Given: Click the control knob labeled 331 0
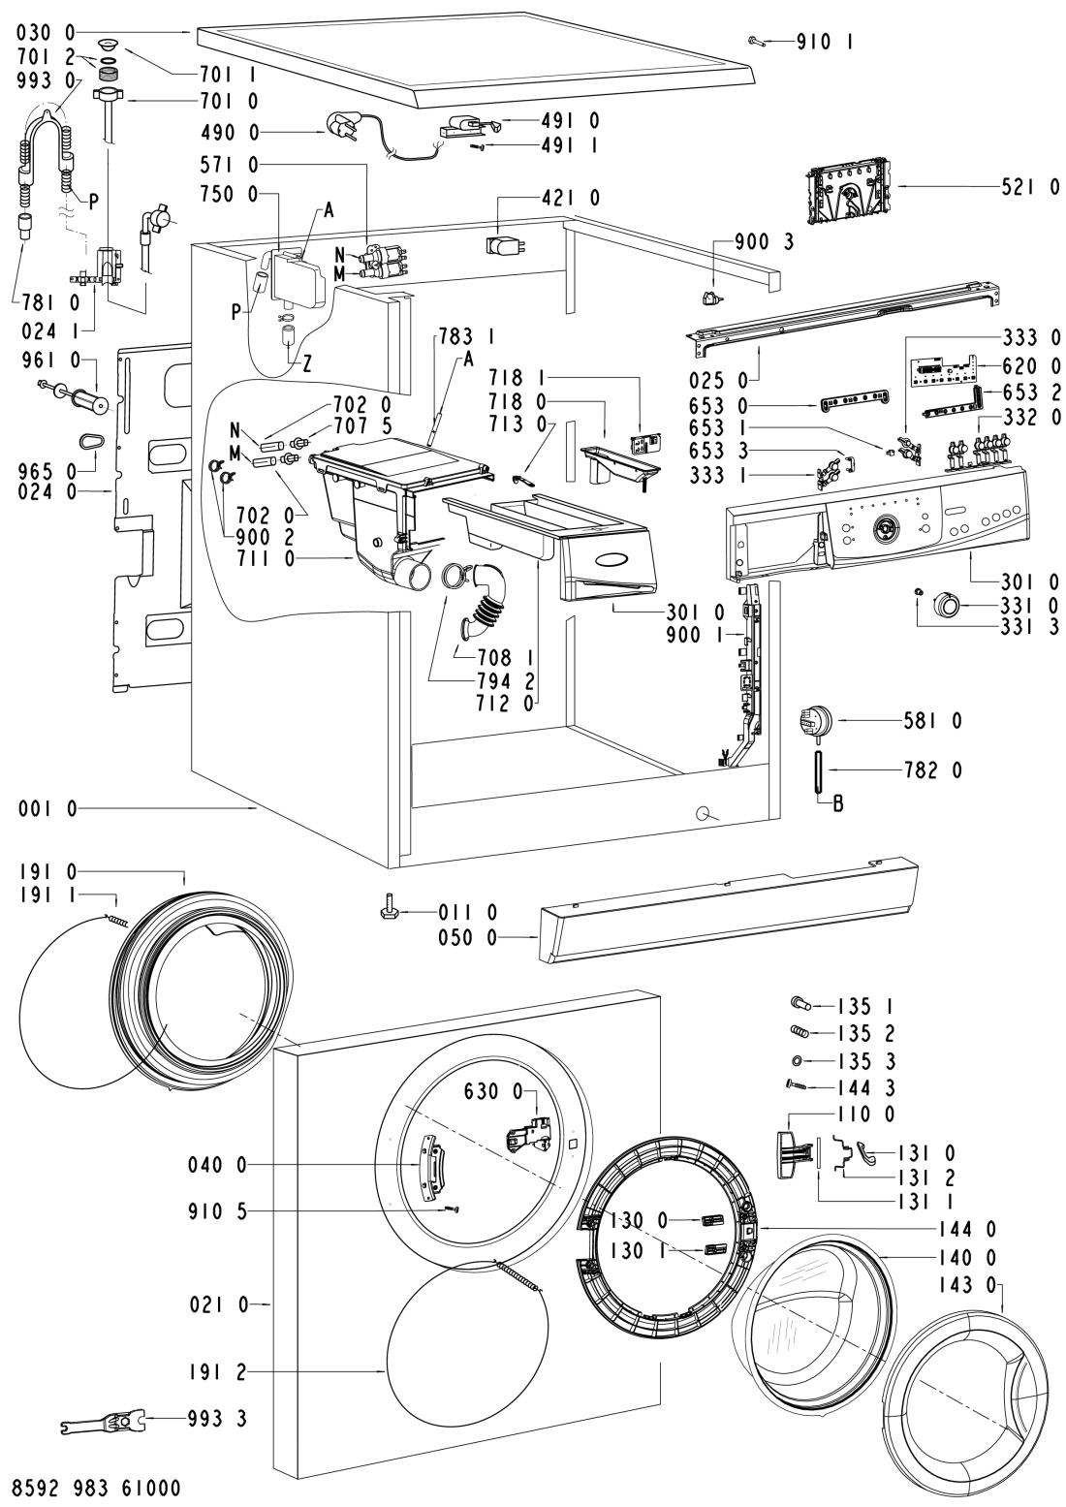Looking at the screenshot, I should (945, 606).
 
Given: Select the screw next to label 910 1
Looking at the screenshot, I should (757, 41).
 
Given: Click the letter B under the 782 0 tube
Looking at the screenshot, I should (825, 801).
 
